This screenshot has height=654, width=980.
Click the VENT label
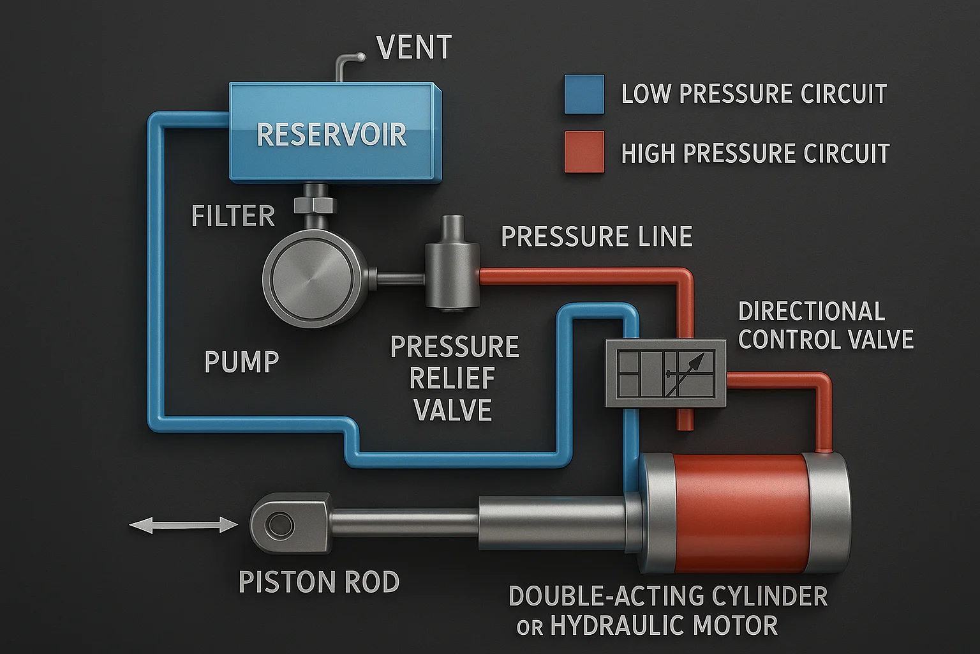coord(414,48)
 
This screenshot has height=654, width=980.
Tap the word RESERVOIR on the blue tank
coord(331,135)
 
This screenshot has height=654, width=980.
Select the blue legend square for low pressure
coord(584,95)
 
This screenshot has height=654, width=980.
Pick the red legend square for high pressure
coord(584,152)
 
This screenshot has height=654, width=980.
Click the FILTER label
coord(233,217)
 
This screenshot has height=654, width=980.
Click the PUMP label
coord(242,362)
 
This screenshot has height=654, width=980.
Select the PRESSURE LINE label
coord(597,237)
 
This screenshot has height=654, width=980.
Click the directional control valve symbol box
coord(665,374)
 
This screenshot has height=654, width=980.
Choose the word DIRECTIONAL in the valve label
coord(811,312)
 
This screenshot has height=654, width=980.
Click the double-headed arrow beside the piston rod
coord(183,526)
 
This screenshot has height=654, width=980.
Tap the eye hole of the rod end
coord(279,526)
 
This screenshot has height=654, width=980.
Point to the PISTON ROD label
coord(318,582)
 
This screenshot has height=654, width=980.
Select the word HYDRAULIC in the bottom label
coord(664,625)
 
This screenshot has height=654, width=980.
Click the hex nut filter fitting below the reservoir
coord(315,205)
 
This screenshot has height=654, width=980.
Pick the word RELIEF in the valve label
coord(452,379)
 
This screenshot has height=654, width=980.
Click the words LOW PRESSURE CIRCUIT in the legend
coord(754,94)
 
